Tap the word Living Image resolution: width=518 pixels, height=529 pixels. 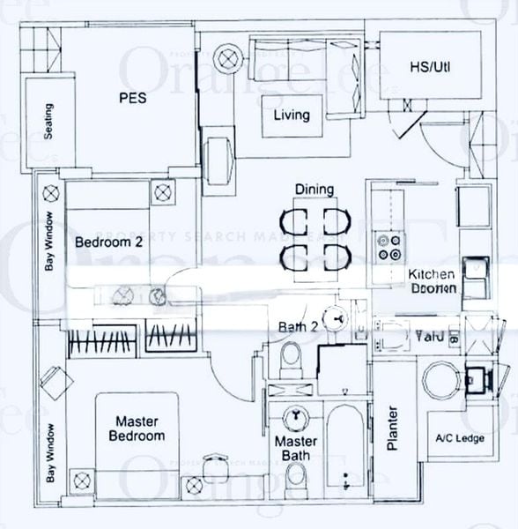(291, 115)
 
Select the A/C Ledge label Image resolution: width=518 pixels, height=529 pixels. (455, 438)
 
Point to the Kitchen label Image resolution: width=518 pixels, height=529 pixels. (431, 274)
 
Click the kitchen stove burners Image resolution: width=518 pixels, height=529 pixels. (385, 248)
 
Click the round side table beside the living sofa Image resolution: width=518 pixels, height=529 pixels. (230, 59)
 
